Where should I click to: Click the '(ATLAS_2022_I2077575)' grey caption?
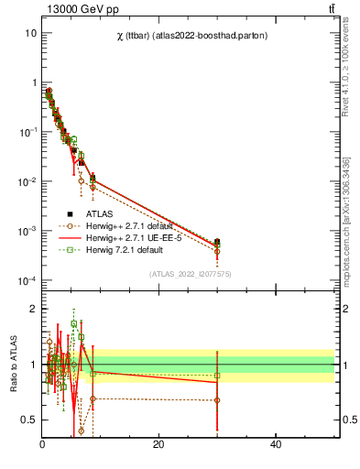[x=189, y=272]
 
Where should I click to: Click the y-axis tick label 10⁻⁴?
[x=27, y=280]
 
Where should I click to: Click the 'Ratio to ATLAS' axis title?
[x=12, y=365]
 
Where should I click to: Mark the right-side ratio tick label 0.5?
[x=351, y=420]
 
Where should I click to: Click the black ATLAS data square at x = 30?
[x=217, y=243]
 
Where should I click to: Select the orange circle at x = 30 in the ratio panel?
[x=217, y=400]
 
